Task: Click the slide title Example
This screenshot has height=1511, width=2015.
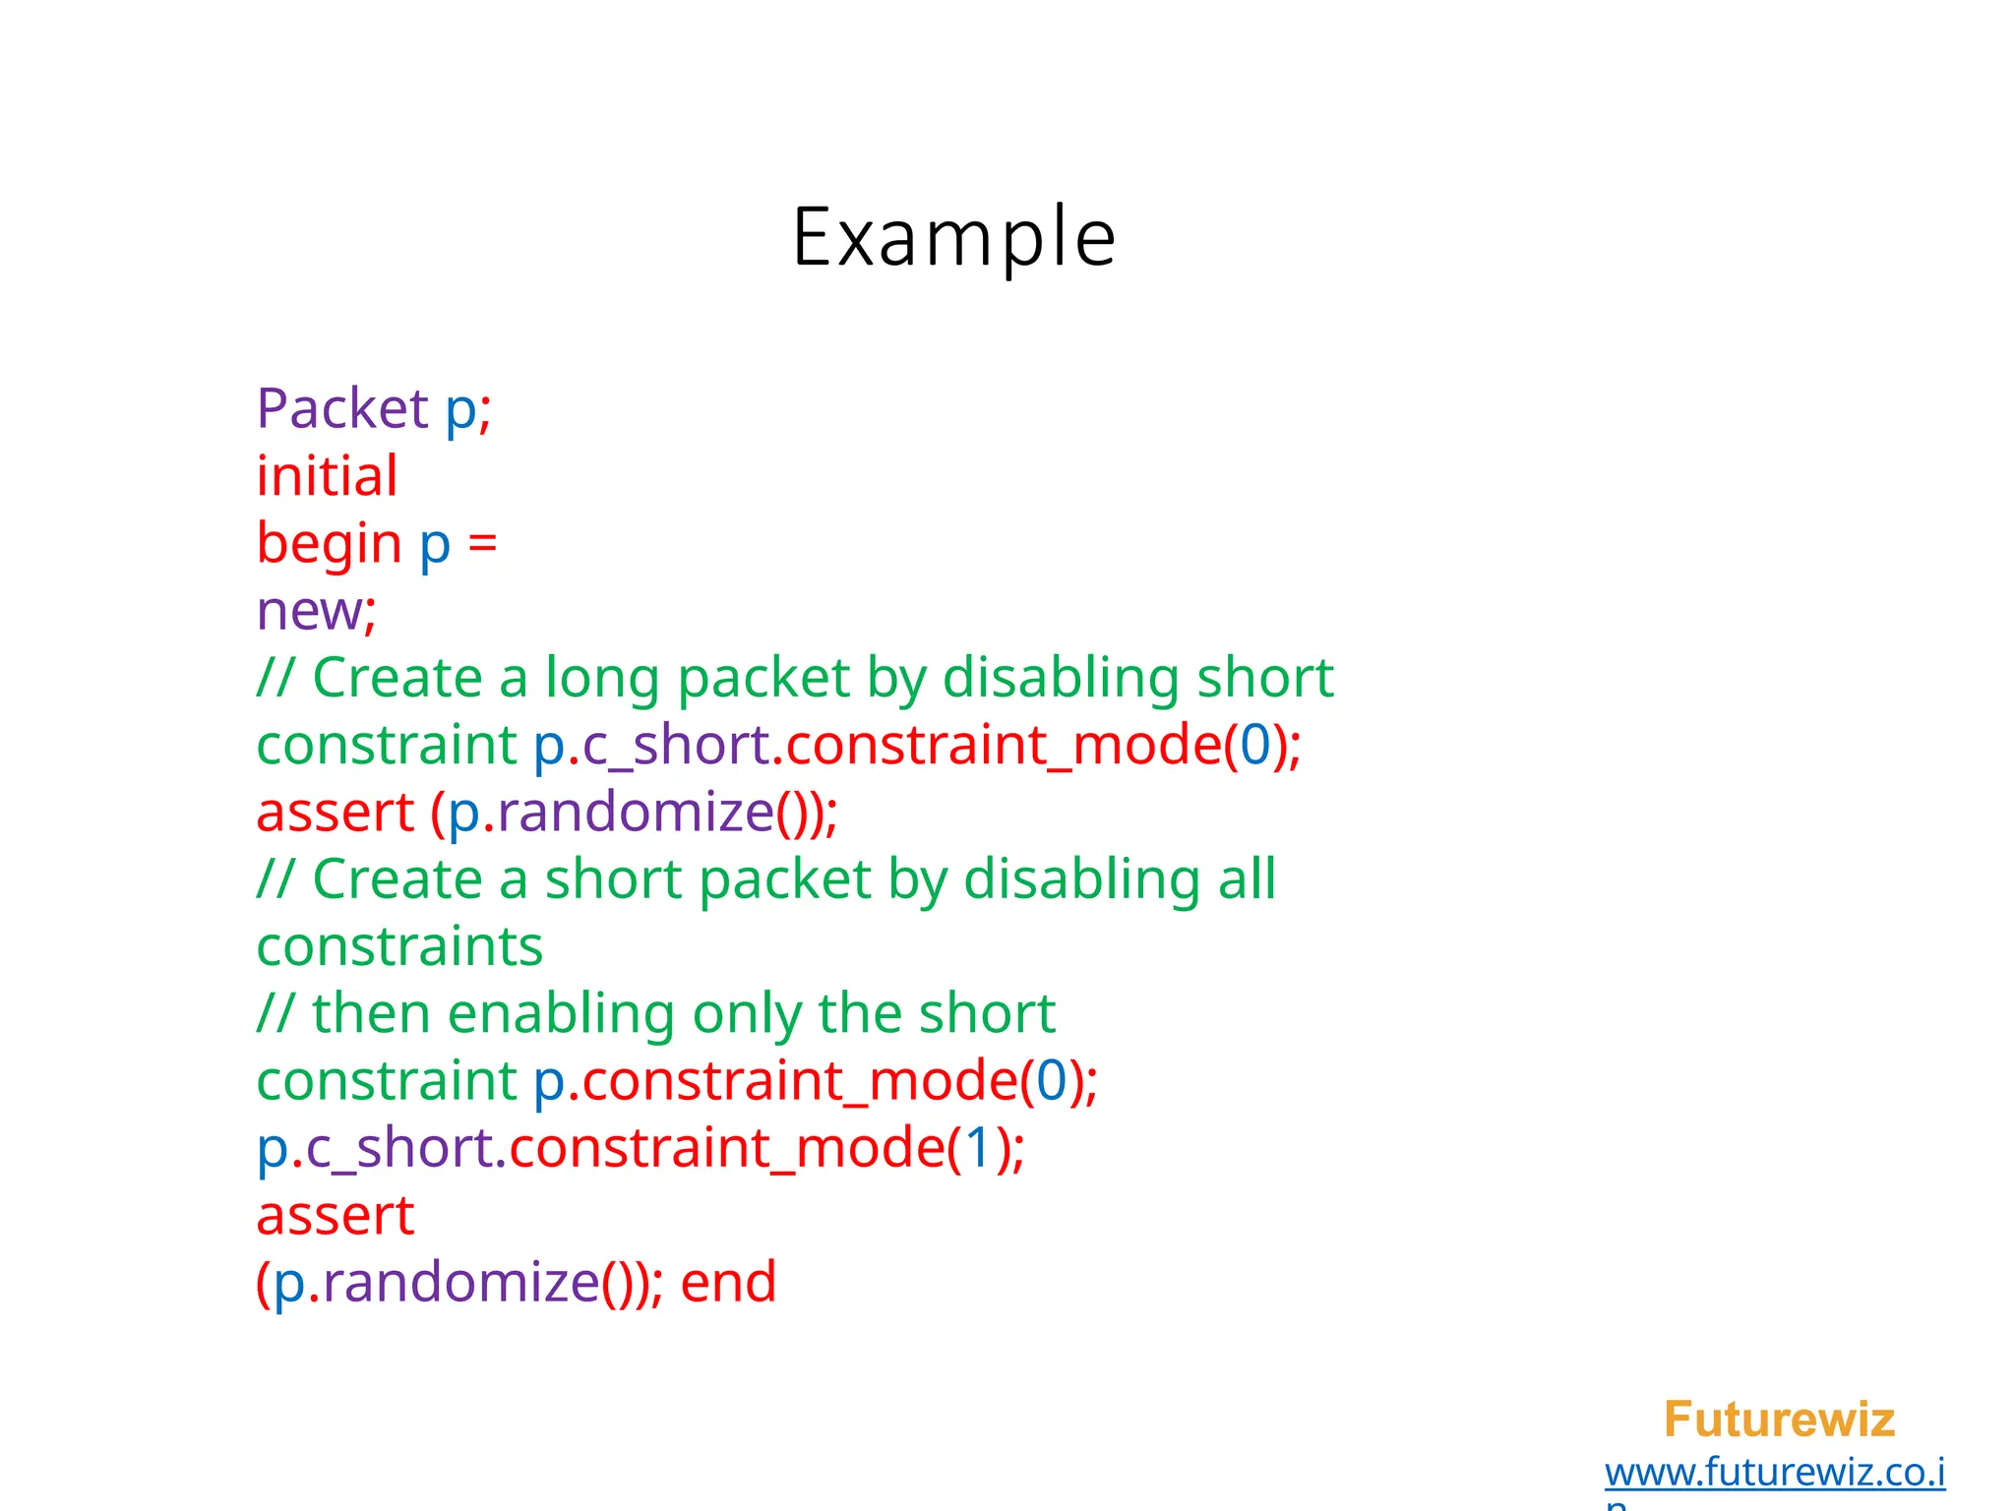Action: point(953,237)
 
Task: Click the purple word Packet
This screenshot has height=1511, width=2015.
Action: point(342,408)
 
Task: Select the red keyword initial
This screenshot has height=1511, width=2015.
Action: point(328,476)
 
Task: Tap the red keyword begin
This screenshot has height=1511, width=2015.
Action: point(329,544)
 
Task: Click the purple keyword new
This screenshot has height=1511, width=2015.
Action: point(309,612)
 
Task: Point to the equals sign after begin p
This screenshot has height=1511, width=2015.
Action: point(482,544)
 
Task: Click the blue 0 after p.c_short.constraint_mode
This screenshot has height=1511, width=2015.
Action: point(1255,745)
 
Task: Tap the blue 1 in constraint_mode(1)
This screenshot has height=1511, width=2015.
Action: point(978,1148)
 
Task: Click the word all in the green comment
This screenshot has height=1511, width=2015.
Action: point(1247,879)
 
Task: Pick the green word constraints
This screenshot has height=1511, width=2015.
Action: point(399,946)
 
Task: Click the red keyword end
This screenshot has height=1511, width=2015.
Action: point(728,1283)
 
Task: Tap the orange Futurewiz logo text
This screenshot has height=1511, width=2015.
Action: point(1779,1420)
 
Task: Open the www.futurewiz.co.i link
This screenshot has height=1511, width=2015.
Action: point(1775,1473)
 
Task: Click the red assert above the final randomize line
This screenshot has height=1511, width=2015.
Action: point(336,1216)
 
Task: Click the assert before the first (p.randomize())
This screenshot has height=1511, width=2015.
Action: point(336,813)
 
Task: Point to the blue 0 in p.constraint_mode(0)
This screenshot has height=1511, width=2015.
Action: point(1052,1081)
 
